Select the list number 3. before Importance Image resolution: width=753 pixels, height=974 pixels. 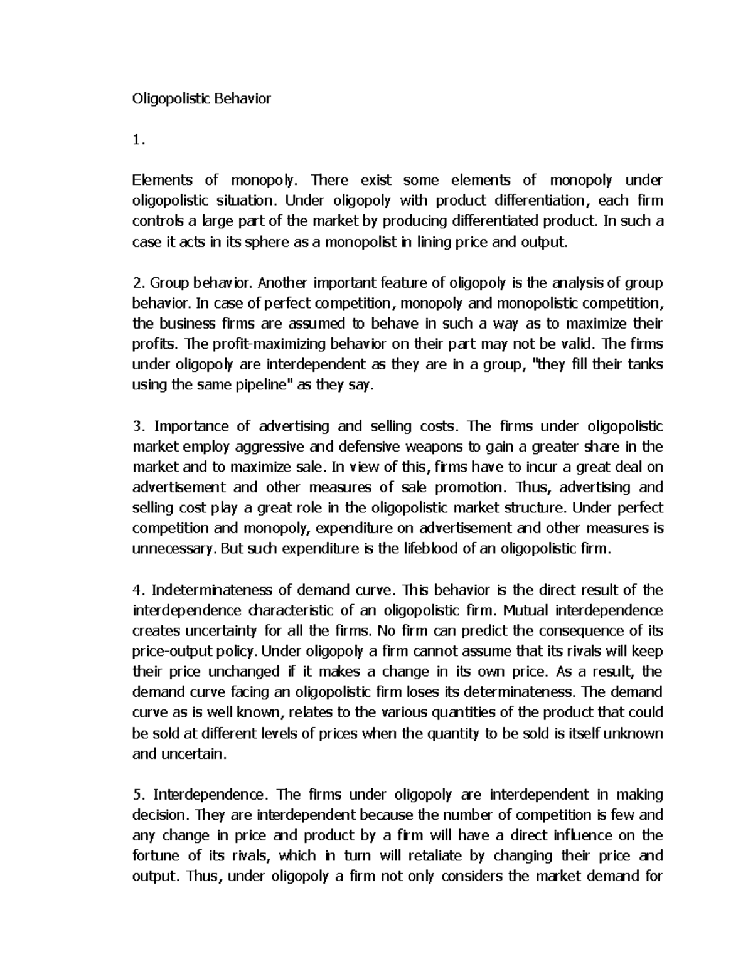pos(139,426)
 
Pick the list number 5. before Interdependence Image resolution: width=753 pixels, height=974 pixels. pos(139,795)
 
